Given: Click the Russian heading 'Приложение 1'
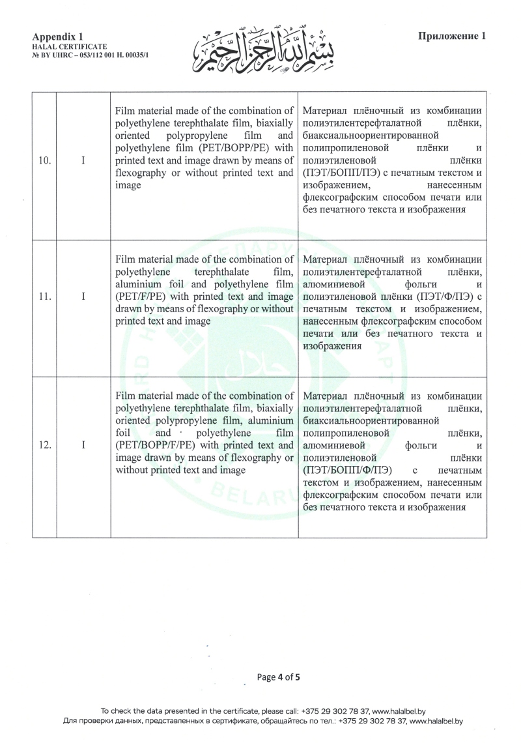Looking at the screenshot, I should (x=452, y=36).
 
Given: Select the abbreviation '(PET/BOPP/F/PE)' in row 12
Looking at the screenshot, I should (x=157, y=446).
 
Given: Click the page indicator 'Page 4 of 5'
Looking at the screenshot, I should (x=279, y=677).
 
